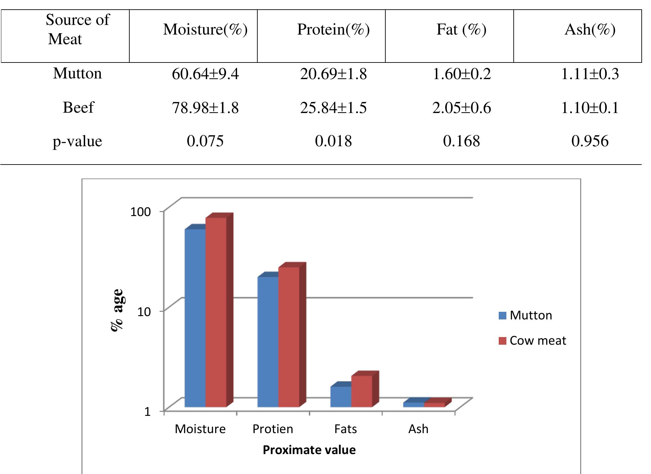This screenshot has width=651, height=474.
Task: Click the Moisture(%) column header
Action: tap(205, 30)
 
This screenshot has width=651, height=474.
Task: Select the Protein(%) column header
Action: tap(333, 30)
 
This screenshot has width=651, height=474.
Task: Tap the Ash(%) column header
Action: tap(590, 30)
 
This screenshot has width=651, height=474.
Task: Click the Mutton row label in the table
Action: tap(77, 73)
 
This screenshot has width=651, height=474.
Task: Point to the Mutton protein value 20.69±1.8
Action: tap(333, 74)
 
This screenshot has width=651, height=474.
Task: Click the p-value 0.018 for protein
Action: tap(333, 141)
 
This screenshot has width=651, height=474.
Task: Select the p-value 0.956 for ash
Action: tap(590, 141)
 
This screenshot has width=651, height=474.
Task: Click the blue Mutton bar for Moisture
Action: tap(195, 317)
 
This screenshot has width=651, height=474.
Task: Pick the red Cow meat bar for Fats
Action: tap(361, 391)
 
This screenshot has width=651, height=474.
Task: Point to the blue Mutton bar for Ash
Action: tap(414, 405)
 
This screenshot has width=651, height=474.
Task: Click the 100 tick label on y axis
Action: tap(140, 212)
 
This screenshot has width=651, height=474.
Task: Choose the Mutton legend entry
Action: tap(525, 315)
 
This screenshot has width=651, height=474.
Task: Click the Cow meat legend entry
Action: tap(532, 341)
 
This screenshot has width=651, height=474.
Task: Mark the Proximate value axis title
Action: tap(309, 450)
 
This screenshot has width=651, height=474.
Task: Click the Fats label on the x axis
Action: tap(345, 429)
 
